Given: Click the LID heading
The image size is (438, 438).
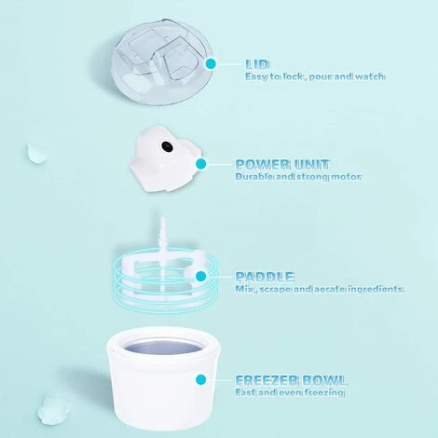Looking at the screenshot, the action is [x=257, y=64].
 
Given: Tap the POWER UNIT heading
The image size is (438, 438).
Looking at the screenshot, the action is [x=282, y=165].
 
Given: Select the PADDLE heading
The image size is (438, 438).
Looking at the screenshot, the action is [x=264, y=276].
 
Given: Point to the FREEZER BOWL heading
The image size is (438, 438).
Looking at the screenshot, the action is [x=291, y=380].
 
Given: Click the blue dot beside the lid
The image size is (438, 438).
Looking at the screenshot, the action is [x=211, y=64].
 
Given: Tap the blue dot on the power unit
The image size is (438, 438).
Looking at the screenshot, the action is [x=201, y=164].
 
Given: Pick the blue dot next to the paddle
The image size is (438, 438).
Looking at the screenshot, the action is [x=201, y=276].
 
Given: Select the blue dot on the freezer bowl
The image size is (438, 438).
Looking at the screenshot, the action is [x=201, y=379].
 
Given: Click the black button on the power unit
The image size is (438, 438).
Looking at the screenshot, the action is [x=167, y=145].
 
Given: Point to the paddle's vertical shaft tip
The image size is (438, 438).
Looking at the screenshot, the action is [x=162, y=218].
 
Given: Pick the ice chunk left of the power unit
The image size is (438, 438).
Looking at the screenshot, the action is [x=37, y=153].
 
